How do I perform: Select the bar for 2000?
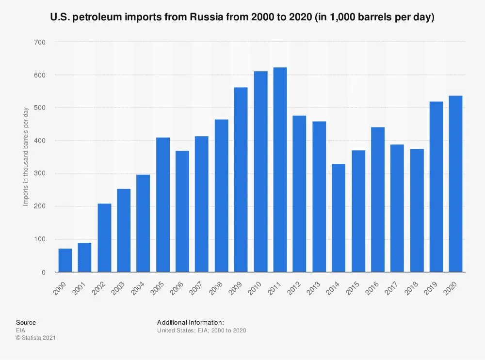click(x=65, y=260)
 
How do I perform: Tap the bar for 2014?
click(x=339, y=218)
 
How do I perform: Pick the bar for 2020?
click(x=455, y=184)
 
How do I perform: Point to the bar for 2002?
click(x=104, y=238)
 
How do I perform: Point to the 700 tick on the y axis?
click(x=39, y=43)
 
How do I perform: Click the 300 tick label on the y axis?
click(x=39, y=174)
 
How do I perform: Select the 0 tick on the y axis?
click(x=43, y=272)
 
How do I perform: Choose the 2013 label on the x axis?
click(x=314, y=286)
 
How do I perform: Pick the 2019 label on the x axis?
click(x=431, y=286)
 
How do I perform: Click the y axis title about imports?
click(x=26, y=157)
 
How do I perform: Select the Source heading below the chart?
click(x=26, y=322)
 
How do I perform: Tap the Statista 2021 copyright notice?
click(x=36, y=338)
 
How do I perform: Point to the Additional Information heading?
click(x=190, y=322)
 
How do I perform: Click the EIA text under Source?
click(x=20, y=330)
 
